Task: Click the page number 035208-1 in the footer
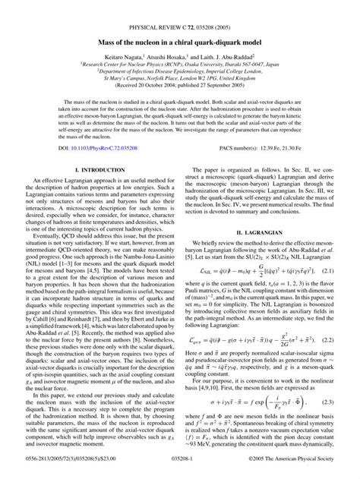180,471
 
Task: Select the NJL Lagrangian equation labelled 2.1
257,310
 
